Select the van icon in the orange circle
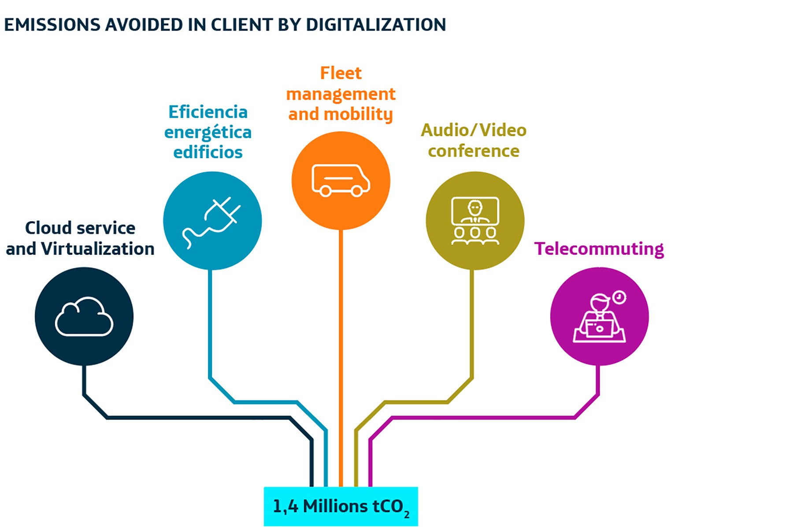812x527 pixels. click(341, 180)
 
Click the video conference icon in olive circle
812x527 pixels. click(475, 221)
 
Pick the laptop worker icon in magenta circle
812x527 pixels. click(599, 318)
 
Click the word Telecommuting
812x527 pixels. click(599, 249)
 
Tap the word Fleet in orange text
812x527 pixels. click(341, 73)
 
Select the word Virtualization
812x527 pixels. click(97, 249)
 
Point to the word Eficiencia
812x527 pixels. click(208, 112)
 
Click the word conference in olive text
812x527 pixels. click(474, 151)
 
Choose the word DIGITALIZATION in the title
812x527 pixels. click(376, 25)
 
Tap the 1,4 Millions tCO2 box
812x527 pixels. click(341, 506)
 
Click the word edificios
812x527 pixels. click(208, 152)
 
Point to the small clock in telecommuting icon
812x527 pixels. click(619, 297)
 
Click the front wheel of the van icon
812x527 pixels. click(357, 191)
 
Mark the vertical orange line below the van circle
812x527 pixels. click(341, 353)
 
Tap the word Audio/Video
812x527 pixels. click(474, 130)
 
